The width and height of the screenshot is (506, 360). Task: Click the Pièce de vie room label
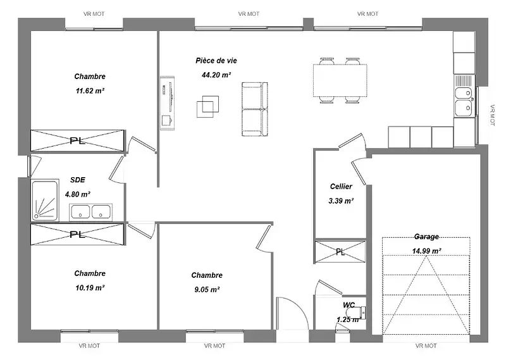tap(216, 60)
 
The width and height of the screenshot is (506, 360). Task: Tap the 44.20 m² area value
tap(216, 75)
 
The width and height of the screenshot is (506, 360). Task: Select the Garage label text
tap(426, 237)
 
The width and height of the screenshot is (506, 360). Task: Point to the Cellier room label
tap(341, 186)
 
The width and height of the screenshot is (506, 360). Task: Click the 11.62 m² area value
tap(90, 90)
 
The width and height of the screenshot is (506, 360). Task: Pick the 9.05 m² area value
tap(207, 290)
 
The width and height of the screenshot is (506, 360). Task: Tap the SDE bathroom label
tap(78, 180)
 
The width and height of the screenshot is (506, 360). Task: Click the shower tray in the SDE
tap(45, 200)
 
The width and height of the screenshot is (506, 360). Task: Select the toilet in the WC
tap(355, 312)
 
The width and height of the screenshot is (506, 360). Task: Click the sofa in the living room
tap(255, 109)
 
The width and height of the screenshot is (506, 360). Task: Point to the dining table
tap(340, 80)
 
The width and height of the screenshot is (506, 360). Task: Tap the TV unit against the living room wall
tap(167, 103)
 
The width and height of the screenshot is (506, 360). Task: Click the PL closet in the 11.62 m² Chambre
tap(77, 140)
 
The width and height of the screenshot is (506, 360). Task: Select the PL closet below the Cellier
tap(340, 252)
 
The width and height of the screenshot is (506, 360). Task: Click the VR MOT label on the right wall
tap(492, 115)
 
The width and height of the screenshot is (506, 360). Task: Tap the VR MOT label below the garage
tap(426, 346)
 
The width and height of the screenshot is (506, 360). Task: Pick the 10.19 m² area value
tap(90, 288)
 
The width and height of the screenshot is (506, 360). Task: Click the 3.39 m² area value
tap(341, 201)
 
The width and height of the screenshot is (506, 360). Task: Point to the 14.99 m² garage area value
tap(426, 251)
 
